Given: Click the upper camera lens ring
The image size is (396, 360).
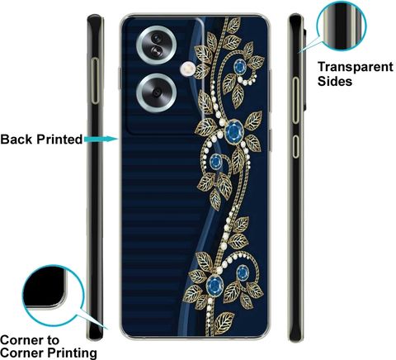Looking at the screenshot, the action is click(x=156, y=27).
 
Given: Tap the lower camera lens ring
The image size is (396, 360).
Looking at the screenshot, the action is click(x=156, y=75).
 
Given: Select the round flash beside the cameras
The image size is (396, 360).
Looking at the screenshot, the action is click(x=188, y=69).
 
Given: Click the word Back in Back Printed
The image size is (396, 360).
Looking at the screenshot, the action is click(x=17, y=140).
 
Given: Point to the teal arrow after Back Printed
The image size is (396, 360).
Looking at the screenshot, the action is click(x=101, y=139).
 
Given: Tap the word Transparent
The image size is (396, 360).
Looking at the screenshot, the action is click(x=356, y=67).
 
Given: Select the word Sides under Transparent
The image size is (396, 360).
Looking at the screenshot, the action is click(x=335, y=82).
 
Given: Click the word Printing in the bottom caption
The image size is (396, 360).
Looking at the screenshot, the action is click(x=73, y=353).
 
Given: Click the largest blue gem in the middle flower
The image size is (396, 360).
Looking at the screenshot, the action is click(x=234, y=131).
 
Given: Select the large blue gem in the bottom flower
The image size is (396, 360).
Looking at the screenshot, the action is click(x=214, y=283).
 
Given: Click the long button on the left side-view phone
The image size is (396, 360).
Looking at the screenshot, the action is click(x=95, y=81).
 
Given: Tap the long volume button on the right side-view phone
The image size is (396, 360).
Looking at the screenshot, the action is click(x=295, y=100).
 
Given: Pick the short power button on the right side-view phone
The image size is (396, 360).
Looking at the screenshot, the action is click(x=295, y=146).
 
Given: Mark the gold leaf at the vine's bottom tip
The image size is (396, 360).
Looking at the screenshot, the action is click(x=224, y=323).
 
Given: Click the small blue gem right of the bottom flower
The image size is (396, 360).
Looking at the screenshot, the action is click(x=243, y=272).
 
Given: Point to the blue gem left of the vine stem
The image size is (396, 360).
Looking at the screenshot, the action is click(x=216, y=162).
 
